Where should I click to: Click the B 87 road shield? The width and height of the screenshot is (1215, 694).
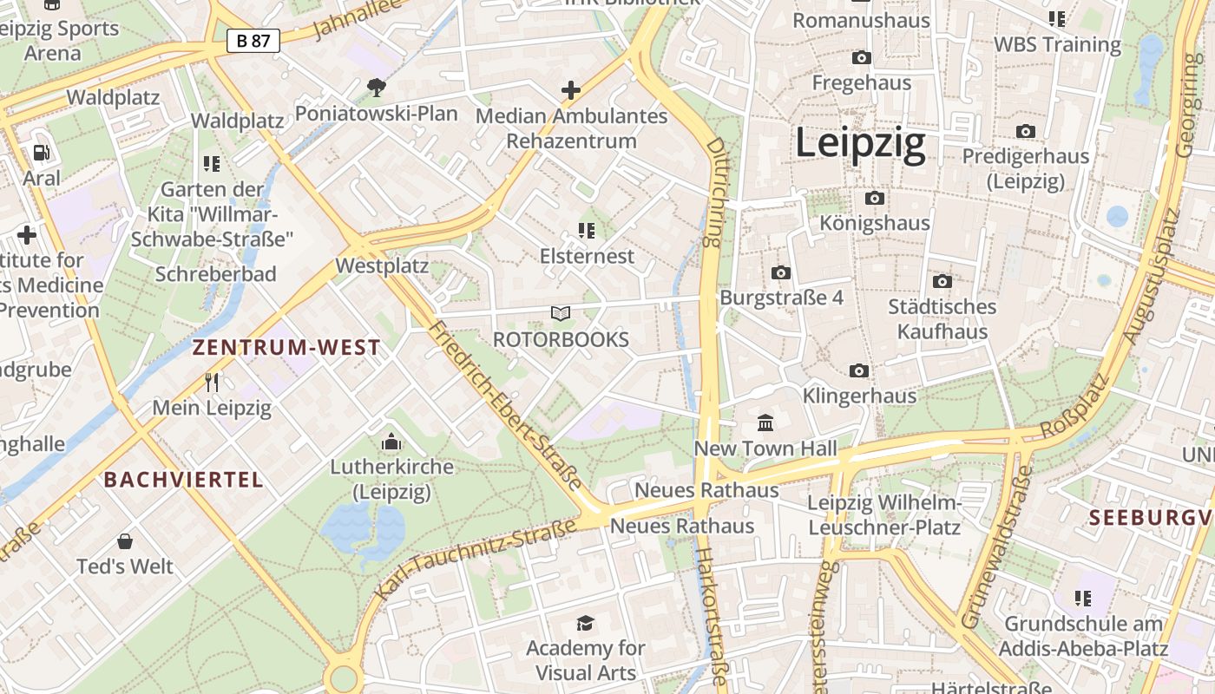pyautogui.click(x=253, y=40)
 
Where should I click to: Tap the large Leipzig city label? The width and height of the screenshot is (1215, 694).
pyautogui.click(x=860, y=144)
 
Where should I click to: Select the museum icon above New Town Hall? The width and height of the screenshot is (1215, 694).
pyautogui.click(x=765, y=423)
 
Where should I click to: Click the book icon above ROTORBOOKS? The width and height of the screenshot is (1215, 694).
pyautogui.click(x=561, y=313)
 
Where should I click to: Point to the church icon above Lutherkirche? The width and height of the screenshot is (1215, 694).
pyautogui.click(x=391, y=442)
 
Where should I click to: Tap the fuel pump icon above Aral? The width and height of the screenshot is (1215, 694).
pyautogui.click(x=42, y=153)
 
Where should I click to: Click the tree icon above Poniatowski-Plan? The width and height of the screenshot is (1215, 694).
pyautogui.click(x=376, y=87)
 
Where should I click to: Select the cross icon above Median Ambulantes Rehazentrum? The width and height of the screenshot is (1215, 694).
pyautogui.click(x=571, y=89)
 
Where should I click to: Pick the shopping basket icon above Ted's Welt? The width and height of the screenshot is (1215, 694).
pyautogui.click(x=125, y=541)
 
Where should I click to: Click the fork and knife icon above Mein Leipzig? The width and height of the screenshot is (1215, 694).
pyautogui.click(x=211, y=382)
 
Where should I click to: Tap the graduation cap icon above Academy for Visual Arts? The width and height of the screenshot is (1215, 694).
pyautogui.click(x=586, y=623)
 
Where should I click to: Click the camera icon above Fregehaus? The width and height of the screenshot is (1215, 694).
pyautogui.click(x=861, y=57)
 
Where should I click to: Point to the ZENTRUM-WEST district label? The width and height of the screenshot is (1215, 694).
pyautogui.click(x=286, y=348)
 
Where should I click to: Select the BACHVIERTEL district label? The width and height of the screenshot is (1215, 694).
pyautogui.click(x=183, y=480)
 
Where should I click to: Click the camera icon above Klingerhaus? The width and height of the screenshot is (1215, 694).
pyautogui.click(x=859, y=370)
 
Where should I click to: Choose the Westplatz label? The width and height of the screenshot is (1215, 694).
pyautogui.click(x=382, y=265)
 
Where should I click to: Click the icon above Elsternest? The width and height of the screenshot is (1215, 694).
pyautogui.click(x=587, y=231)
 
